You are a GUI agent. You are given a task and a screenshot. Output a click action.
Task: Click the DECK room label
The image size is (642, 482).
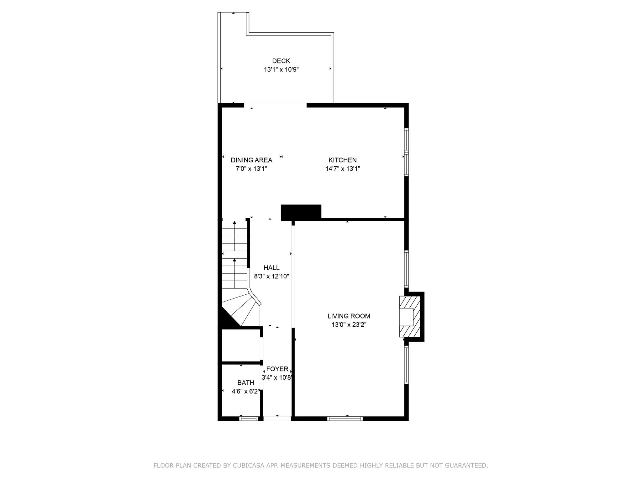click(281, 61)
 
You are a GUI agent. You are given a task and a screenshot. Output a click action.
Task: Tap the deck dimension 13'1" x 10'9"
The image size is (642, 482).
click(281, 69)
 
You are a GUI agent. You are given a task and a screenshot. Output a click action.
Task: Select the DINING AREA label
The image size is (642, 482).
click(251, 160)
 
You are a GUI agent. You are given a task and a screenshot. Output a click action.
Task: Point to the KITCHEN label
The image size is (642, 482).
click(343, 160)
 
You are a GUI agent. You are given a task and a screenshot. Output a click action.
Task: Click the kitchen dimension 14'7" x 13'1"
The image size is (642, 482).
click(343, 169)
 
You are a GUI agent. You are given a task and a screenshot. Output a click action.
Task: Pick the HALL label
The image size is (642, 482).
click(271, 268)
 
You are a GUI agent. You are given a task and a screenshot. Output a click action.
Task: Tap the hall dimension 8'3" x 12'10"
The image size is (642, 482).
click(271, 276)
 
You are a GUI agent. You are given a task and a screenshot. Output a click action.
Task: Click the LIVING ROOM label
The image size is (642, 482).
click(349, 316)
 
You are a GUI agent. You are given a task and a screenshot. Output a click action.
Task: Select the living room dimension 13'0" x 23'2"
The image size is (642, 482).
click(349, 324)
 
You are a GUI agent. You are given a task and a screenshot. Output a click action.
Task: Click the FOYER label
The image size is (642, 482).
click(277, 369)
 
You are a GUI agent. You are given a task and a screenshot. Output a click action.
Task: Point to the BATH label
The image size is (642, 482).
click(245, 383)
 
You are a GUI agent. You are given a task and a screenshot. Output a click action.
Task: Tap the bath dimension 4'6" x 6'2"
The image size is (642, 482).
click(246, 391)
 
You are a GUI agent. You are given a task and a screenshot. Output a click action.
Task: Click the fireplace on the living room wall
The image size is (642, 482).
click(411, 317)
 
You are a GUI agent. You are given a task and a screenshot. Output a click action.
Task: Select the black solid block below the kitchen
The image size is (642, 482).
click(301, 212)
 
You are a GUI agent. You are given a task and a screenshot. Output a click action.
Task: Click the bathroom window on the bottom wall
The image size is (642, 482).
click(249, 418)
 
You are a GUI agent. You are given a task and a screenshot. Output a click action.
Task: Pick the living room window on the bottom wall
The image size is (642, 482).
click(345, 418)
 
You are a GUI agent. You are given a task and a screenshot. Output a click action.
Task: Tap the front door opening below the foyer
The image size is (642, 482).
click(277, 418)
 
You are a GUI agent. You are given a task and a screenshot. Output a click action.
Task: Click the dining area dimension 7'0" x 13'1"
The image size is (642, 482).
click(251, 169)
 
